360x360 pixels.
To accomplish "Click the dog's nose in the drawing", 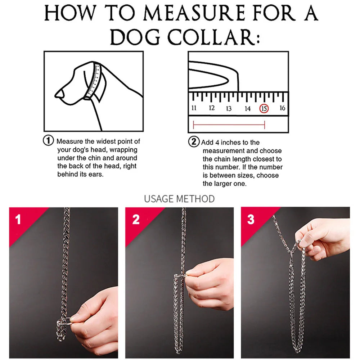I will click(59, 94).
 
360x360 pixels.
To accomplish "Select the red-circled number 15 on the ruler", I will click(264, 108).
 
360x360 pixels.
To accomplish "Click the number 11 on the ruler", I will click(194, 108).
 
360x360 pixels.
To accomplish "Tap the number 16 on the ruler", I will click(282, 108).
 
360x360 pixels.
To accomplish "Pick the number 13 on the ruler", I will click(229, 108).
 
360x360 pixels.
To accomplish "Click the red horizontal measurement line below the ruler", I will click(229, 125).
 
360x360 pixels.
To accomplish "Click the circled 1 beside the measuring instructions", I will click(49, 141).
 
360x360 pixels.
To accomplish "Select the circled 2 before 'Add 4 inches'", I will click(194, 142).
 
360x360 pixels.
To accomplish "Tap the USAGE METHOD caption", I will click(179, 199).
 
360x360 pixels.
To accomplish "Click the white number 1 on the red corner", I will click(18, 220).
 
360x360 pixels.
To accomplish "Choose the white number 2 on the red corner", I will click(136, 220).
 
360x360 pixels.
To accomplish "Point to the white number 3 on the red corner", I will click(251, 220).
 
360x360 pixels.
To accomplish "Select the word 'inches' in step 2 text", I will click(233, 143).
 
